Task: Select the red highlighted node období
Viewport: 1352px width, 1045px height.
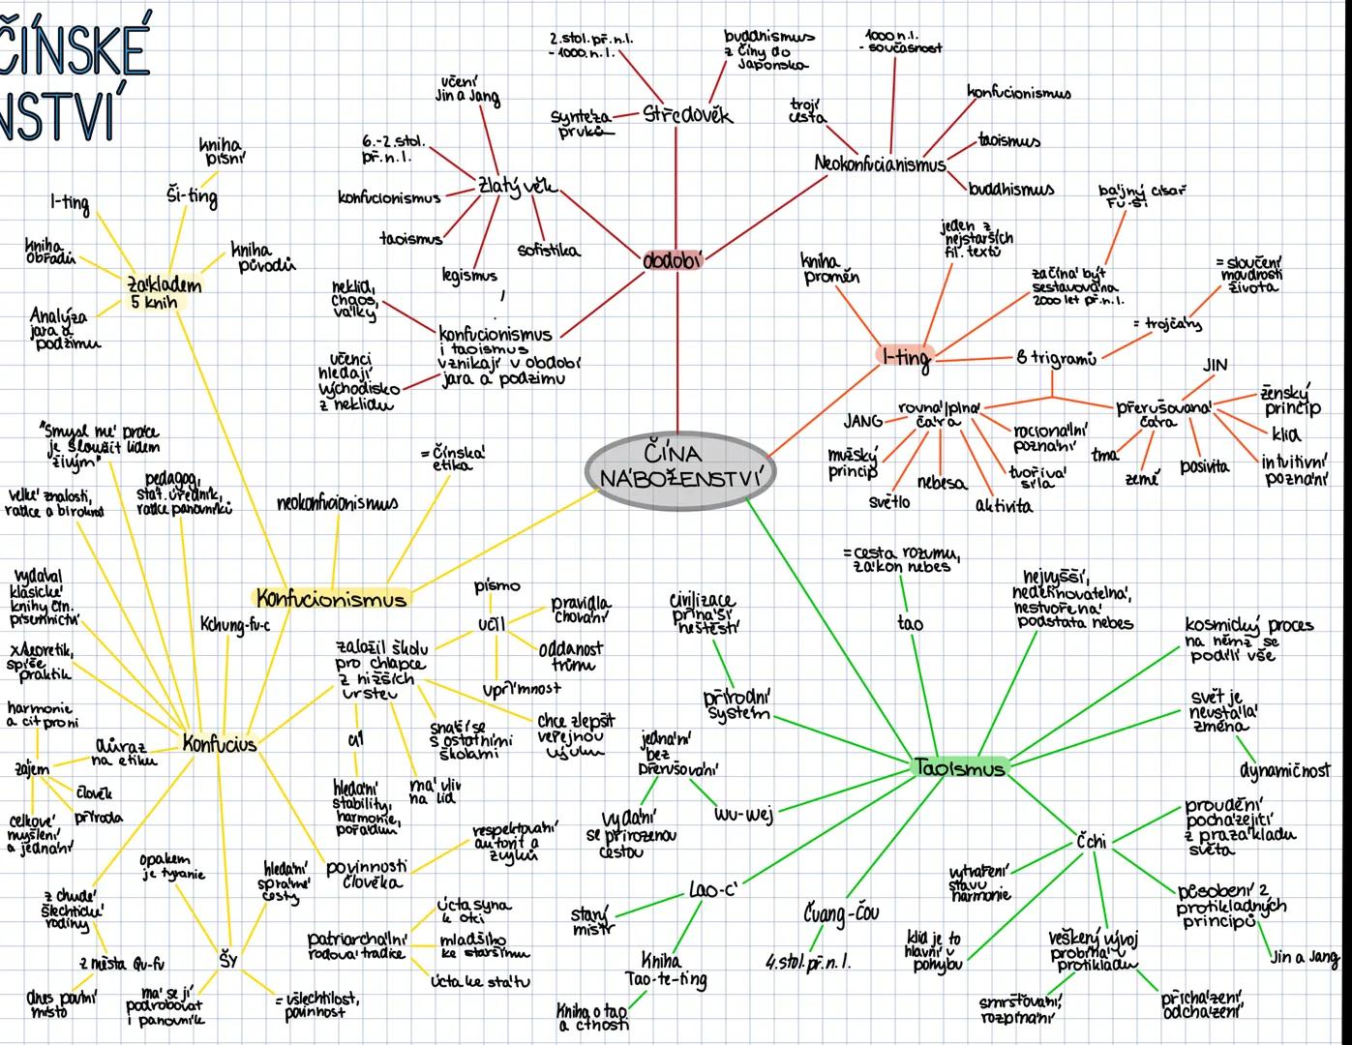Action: pos(673,260)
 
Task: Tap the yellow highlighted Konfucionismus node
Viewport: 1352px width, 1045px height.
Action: pos(331,598)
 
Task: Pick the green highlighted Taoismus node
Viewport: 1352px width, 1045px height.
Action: pos(959,767)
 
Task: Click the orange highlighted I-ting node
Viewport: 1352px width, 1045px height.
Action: pos(906,357)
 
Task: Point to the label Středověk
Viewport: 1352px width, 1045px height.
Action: pos(688,115)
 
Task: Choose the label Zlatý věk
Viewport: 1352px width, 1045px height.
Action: pos(517,186)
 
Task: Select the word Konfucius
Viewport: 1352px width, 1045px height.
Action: pos(220,744)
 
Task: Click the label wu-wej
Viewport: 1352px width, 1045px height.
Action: pos(743,815)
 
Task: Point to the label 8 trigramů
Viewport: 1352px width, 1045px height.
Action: pos(1056,359)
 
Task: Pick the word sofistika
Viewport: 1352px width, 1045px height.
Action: pos(549,251)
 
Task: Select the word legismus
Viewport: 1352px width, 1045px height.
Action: pos(468,277)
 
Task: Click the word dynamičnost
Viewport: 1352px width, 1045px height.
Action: pos(1284,770)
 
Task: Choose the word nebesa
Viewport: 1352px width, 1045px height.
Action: pos(941,482)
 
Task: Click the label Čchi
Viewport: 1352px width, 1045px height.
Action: pos(1091,842)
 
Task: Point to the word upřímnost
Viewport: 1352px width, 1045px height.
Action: pos(522,689)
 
